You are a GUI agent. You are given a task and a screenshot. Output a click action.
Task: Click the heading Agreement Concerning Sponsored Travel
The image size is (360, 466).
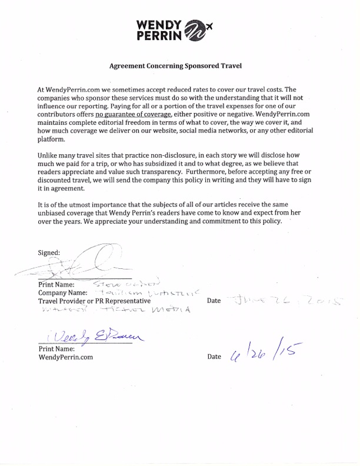point(179,66)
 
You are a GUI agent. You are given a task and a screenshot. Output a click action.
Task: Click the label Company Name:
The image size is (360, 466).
point(62,292)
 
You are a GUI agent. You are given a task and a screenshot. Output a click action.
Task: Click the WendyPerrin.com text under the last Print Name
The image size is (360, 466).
point(65,357)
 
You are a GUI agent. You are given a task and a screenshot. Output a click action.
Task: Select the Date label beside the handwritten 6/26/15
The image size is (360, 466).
point(215,357)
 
